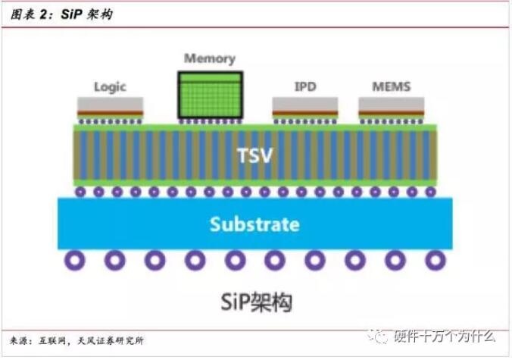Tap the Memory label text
pos(210,59)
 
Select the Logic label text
pos(110,87)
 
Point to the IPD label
pos(305,87)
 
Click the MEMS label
pos(392,87)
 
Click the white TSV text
pos(254,156)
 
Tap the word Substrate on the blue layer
pos(254,224)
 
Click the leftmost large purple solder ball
pos(73,261)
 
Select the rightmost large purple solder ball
pos(435,261)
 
